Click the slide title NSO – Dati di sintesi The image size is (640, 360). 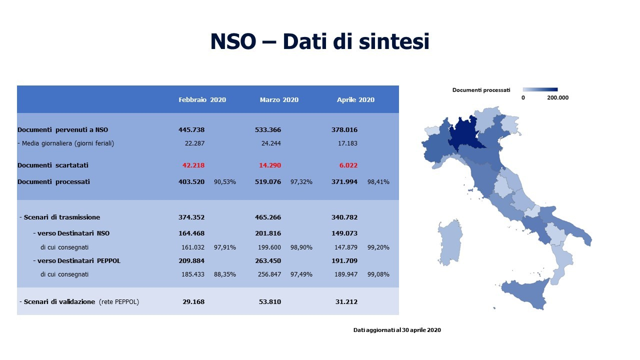pos(319,41)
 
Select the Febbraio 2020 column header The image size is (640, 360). pos(202,99)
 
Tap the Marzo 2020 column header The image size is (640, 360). pos(279,99)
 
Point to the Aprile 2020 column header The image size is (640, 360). pos(355,99)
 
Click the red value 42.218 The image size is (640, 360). pos(193,165)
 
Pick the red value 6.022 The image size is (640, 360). pos(348,165)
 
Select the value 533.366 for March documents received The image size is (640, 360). pos(268,129)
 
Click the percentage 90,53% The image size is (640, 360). pos(225,181)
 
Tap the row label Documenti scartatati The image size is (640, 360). pos(53,165)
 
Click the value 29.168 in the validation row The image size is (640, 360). pos(193,301)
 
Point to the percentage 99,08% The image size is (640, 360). pos(378,274)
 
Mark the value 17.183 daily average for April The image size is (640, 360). pos(347,143)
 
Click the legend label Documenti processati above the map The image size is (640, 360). pos(481,90)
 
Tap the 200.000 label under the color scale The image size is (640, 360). pos(557,97)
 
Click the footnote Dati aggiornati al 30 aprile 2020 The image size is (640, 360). pos(397,330)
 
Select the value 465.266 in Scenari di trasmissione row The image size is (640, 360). pos(268,217)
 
